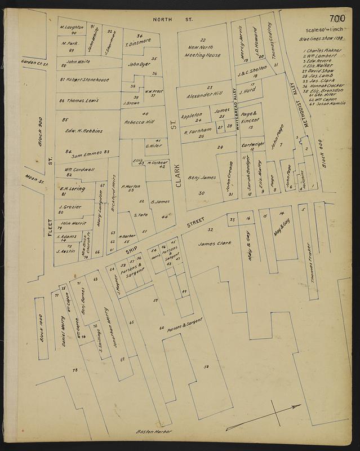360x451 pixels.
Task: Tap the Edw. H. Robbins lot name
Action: click(83, 130)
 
